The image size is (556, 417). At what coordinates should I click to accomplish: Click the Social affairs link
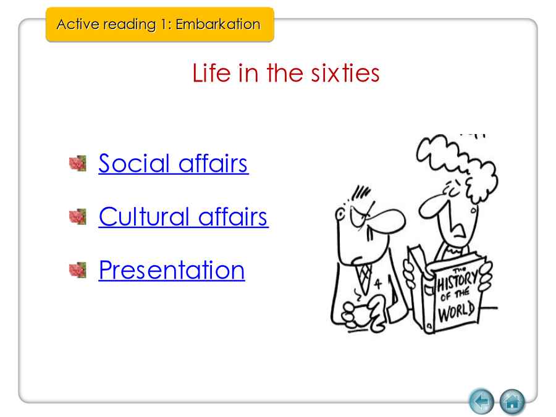click(x=174, y=164)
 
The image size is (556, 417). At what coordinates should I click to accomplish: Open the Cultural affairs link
click(x=183, y=217)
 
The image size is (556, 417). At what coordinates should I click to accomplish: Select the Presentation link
click(x=172, y=270)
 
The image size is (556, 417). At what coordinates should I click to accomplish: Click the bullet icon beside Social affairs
click(x=78, y=163)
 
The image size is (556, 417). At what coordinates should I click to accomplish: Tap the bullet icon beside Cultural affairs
click(x=78, y=217)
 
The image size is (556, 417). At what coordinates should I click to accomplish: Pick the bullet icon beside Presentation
click(x=78, y=270)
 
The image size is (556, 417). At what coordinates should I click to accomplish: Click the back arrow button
click(x=481, y=402)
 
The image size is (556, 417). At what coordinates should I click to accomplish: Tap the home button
click(x=512, y=402)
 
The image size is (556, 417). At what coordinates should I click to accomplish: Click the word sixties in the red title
click(x=345, y=73)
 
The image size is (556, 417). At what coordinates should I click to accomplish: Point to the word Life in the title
click(x=211, y=73)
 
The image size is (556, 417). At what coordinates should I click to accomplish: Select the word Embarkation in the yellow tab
click(x=218, y=25)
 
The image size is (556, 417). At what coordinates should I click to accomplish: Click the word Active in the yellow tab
click(x=78, y=25)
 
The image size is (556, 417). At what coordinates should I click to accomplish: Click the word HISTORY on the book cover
click(x=457, y=280)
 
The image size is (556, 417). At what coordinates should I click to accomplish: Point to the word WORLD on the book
click(x=457, y=311)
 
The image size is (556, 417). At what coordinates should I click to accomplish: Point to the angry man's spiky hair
click(x=361, y=193)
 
